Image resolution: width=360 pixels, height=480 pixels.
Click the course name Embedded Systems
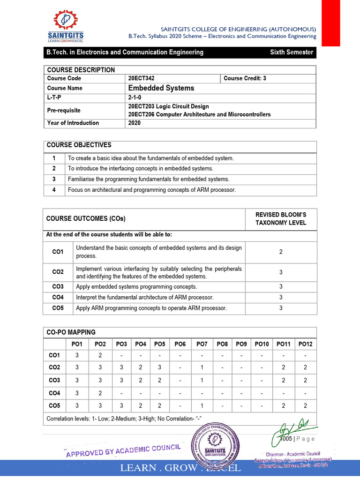(x=161, y=88)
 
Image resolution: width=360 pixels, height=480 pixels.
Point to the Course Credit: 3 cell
(x=245, y=78)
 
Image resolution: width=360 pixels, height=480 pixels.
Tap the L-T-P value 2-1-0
(x=135, y=98)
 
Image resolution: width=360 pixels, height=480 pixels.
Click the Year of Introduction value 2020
(x=134, y=123)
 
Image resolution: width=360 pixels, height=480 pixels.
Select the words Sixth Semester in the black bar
(x=291, y=52)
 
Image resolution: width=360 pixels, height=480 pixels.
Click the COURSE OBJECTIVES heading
(x=79, y=145)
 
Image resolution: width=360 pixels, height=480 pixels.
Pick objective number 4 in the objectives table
(x=54, y=190)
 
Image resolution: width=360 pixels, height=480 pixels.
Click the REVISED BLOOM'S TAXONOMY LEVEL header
(x=281, y=218)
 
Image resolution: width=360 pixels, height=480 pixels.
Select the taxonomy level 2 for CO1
(x=281, y=252)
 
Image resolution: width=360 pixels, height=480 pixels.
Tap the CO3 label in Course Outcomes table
(x=58, y=286)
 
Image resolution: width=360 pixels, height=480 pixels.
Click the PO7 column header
(x=202, y=344)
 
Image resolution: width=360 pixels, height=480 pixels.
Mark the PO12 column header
(x=305, y=344)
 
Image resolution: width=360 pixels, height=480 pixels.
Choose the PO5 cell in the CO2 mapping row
(x=159, y=367)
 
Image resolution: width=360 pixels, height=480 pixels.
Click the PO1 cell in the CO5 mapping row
(x=77, y=405)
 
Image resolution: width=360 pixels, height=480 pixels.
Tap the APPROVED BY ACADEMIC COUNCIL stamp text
(x=123, y=450)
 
